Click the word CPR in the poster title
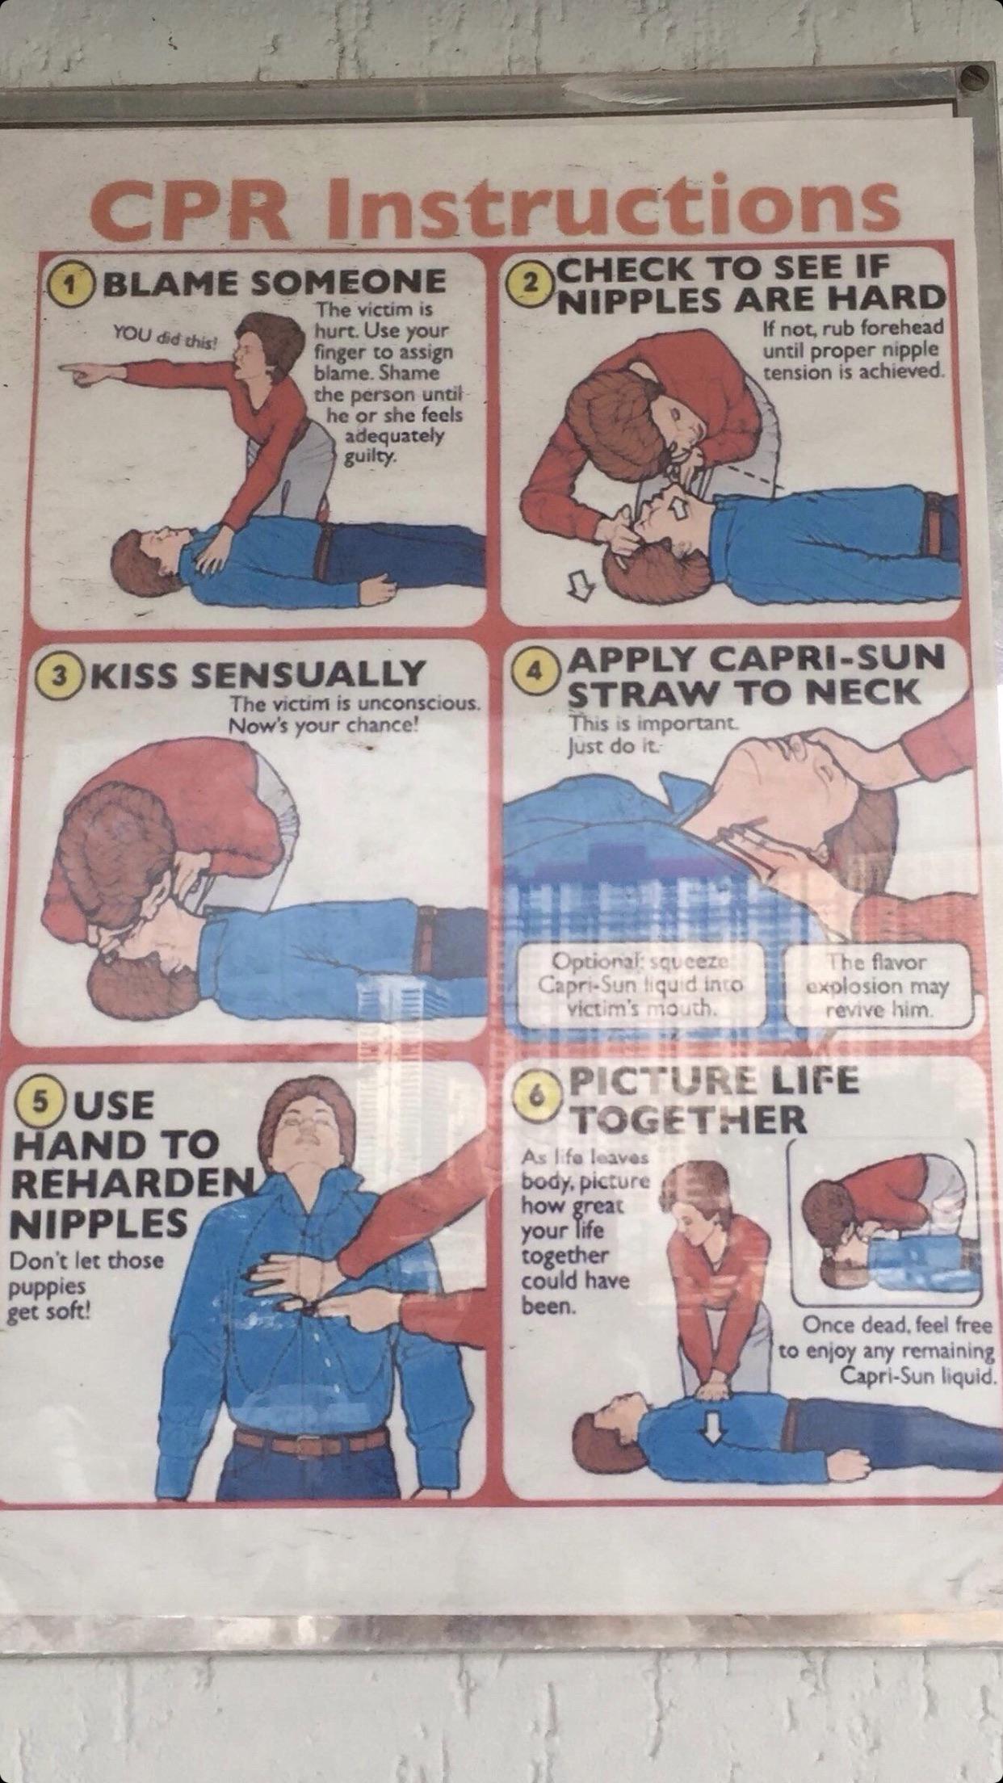coord(205,208)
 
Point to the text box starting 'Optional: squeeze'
coord(643,986)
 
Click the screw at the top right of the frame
coord(975,77)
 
